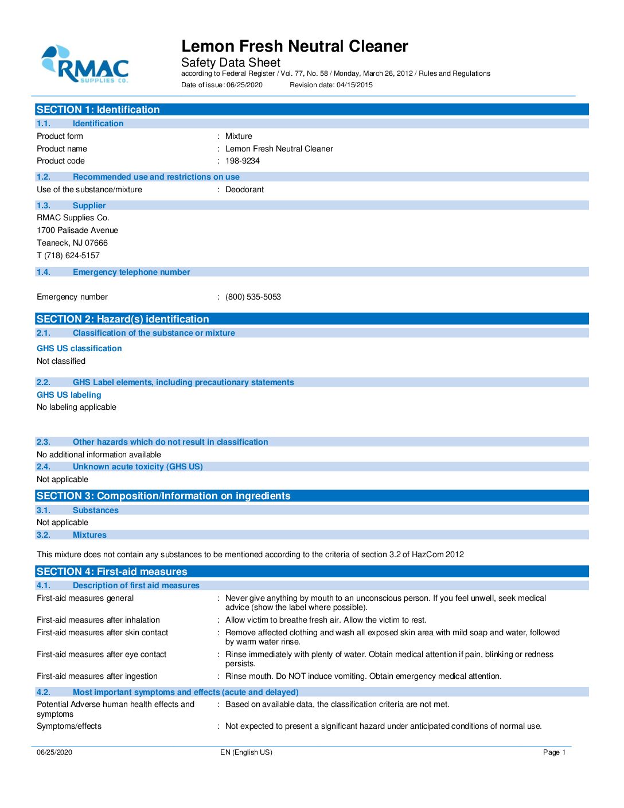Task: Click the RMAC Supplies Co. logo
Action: (x=85, y=65)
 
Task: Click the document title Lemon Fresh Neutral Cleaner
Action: (x=294, y=46)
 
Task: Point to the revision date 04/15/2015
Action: (x=354, y=85)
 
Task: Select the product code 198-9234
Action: (x=242, y=161)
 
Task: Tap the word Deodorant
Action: (x=244, y=190)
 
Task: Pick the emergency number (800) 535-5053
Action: (x=253, y=297)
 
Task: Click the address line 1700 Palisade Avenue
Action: (x=77, y=231)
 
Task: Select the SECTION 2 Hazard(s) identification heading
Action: (x=123, y=319)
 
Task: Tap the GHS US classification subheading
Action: (x=79, y=349)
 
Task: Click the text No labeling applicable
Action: (x=76, y=407)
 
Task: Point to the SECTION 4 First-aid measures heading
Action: (x=112, y=572)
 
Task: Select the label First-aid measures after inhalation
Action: (x=98, y=620)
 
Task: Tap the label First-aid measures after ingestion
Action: (x=97, y=677)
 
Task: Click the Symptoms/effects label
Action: (x=69, y=727)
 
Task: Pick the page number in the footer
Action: (x=554, y=752)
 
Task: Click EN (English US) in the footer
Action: (x=246, y=752)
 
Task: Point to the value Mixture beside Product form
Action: (x=239, y=137)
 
